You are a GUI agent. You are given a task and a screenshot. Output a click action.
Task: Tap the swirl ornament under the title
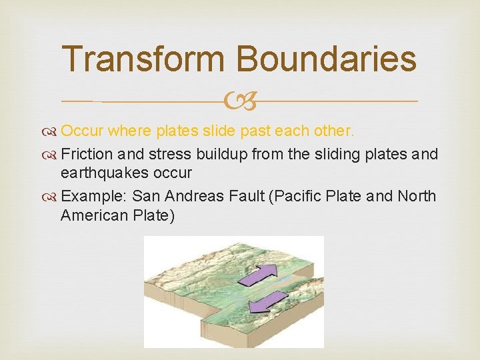pos(239,102)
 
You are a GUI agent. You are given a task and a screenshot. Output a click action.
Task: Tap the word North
pos(417,196)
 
